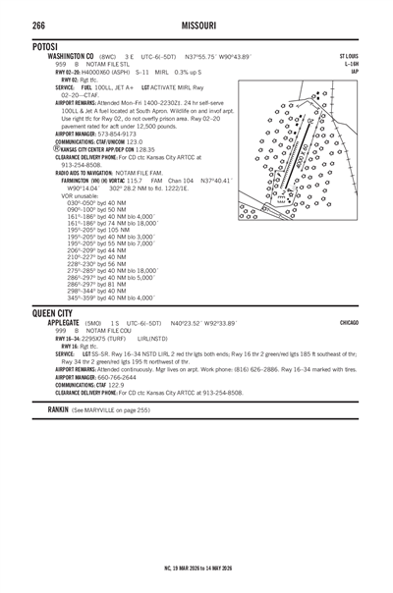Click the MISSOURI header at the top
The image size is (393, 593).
[x=196, y=24]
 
